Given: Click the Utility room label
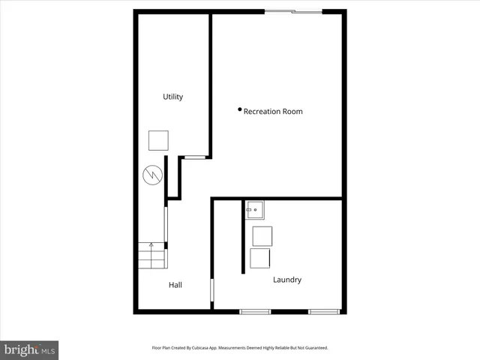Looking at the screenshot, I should (173, 97).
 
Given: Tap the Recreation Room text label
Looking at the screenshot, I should (273, 112).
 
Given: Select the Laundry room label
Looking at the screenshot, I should (287, 280).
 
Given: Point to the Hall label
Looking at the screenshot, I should (175, 285).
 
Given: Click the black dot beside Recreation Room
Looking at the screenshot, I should (240, 109).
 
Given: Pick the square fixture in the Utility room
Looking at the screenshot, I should (158, 140).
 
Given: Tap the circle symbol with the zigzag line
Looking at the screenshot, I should (152, 176).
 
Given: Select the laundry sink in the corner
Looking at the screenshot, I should (255, 209).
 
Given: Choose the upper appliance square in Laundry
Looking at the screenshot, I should (262, 235).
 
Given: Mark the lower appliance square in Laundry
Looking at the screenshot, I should (260, 259).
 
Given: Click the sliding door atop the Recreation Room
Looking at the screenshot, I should (293, 10).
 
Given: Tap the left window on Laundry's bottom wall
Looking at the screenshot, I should (255, 310).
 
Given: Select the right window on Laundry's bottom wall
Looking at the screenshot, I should (324, 310).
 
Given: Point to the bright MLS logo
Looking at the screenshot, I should (29, 349).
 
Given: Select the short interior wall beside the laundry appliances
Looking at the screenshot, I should (244, 235).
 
